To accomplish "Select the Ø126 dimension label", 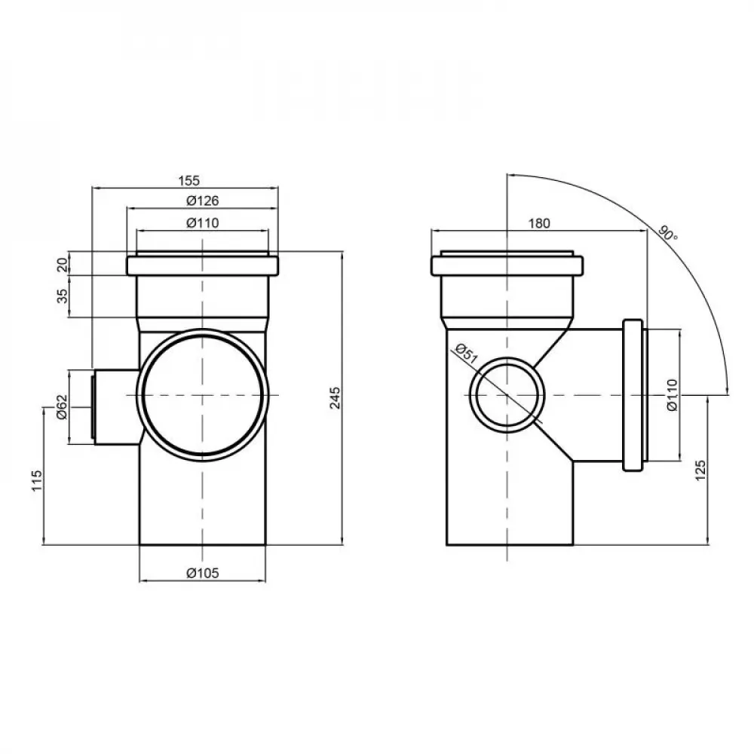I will point(201,201).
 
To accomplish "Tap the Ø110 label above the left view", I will point(201,222).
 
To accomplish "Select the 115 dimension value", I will point(35,480).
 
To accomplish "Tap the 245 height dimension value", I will point(336,397).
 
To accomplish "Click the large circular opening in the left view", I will point(202,395).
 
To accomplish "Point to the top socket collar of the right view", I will point(506,265).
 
